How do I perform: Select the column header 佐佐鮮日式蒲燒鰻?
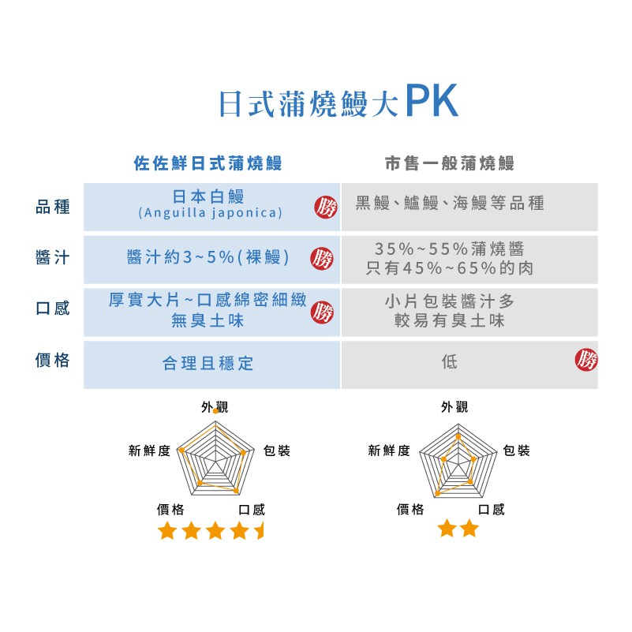(x=208, y=164)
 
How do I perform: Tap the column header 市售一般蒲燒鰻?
(x=450, y=164)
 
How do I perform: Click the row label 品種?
(x=53, y=207)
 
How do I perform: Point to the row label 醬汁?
(x=53, y=258)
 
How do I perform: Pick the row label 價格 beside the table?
(x=53, y=361)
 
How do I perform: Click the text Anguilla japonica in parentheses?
(x=210, y=214)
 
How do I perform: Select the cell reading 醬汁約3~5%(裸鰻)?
(x=208, y=258)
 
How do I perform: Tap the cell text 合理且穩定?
(x=208, y=364)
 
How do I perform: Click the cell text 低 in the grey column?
(x=450, y=362)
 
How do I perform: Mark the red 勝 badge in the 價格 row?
(x=586, y=361)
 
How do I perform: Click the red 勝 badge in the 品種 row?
(x=325, y=208)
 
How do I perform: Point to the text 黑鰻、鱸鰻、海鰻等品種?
(x=450, y=204)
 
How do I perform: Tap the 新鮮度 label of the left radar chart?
(x=149, y=451)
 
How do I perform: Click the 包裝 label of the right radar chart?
(x=517, y=451)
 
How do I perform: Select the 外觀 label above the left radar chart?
(x=214, y=407)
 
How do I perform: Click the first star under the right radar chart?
(x=447, y=529)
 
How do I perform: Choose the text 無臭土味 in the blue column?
(x=208, y=321)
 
